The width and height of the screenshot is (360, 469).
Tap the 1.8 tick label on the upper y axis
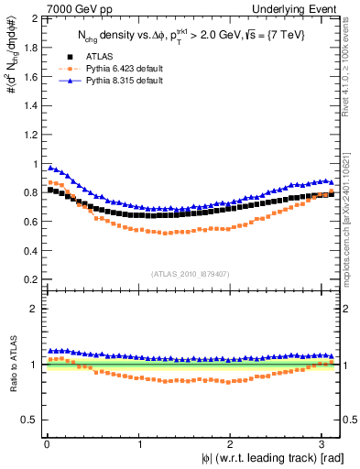coord(29,49)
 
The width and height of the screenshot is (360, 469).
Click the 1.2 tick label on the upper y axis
coord(29,135)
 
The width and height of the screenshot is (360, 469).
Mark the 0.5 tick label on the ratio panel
coord(29,420)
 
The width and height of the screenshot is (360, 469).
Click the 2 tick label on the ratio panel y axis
coord(34,309)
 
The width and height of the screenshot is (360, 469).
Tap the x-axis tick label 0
coord(47,444)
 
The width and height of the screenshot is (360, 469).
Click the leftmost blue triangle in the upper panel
coord(50,167)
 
